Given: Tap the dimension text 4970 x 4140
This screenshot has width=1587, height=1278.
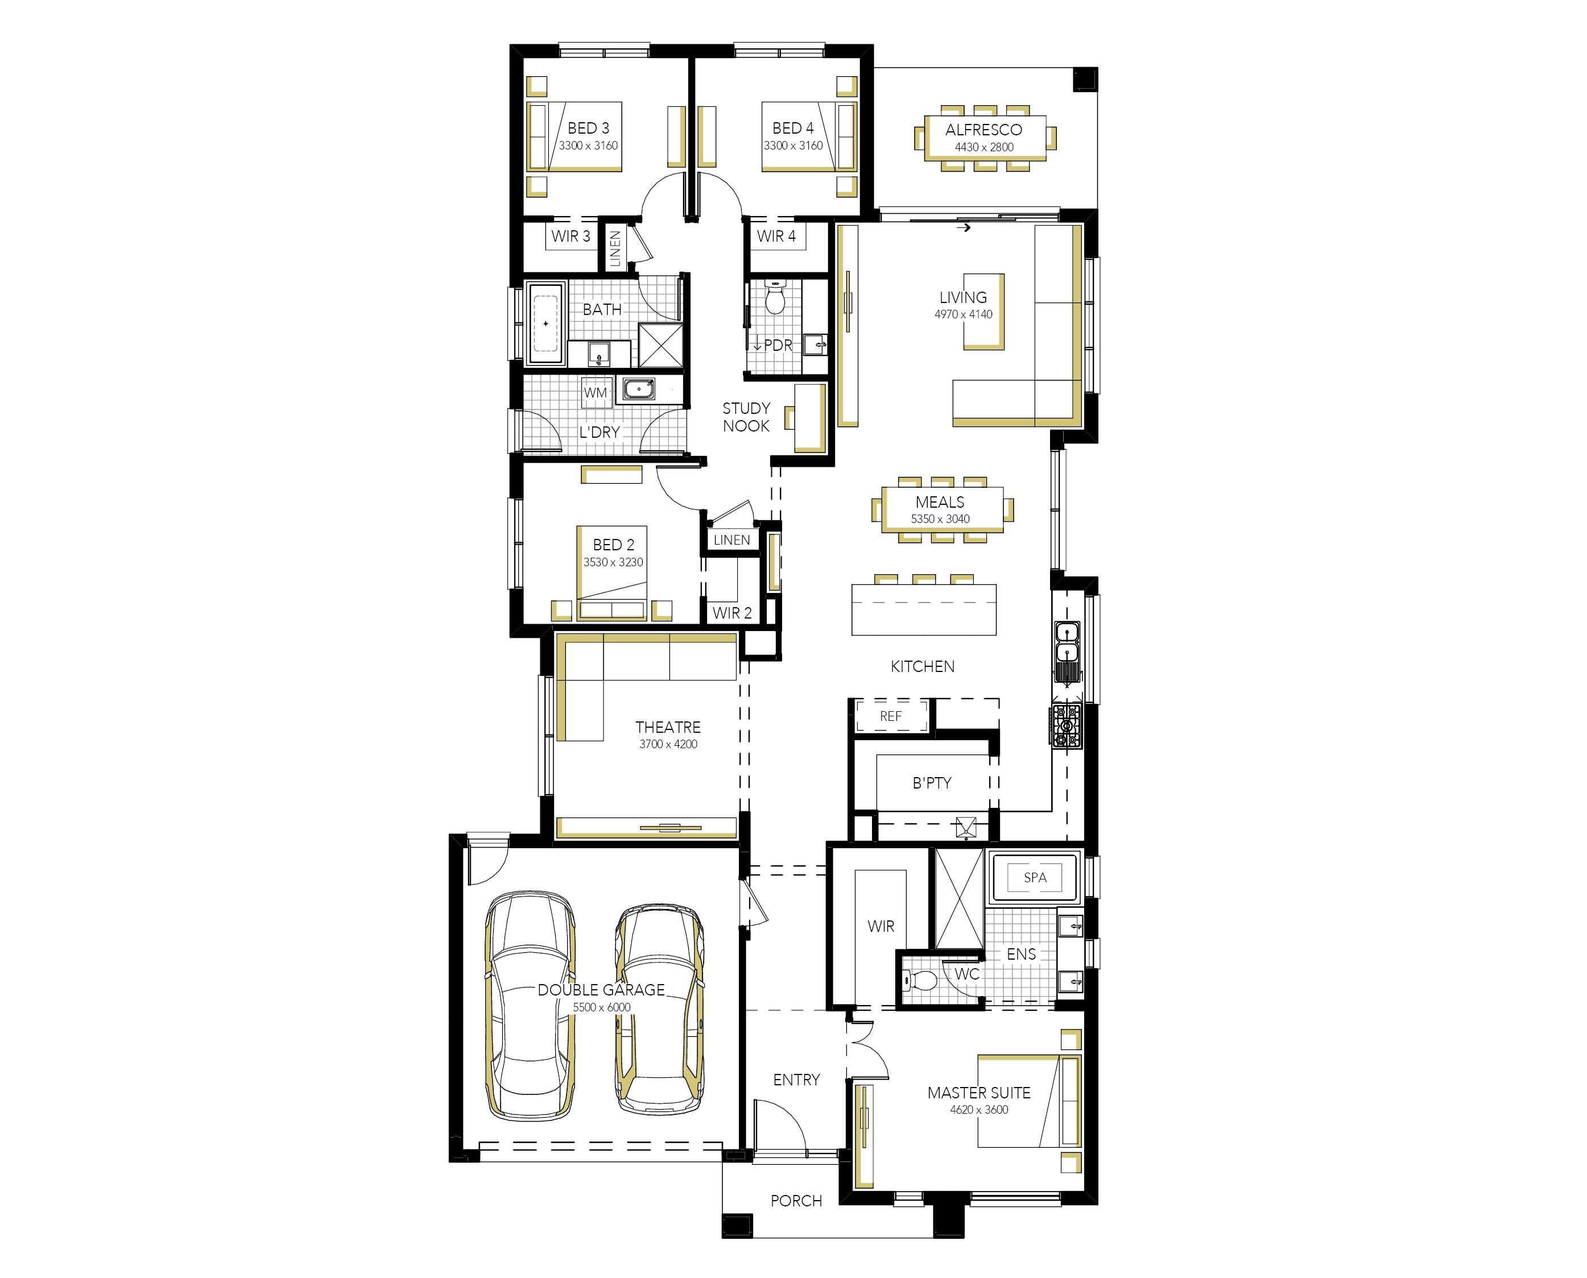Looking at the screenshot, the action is (x=963, y=314).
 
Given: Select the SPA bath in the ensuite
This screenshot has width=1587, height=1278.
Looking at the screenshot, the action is (x=1035, y=877).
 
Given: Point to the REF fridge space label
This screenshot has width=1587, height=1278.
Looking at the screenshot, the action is (x=890, y=716).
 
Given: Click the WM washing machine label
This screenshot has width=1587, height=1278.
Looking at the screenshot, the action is (x=595, y=392).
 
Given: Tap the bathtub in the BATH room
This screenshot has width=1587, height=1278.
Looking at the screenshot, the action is (x=545, y=322).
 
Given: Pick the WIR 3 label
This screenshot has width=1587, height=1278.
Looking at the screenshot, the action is (x=571, y=236).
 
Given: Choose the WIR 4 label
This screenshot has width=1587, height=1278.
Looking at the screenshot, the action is (x=776, y=236).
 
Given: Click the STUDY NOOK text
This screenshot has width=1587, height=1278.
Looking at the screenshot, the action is (x=746, y=417).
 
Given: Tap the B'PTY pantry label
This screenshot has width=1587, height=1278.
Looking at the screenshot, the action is (x=932, y=783).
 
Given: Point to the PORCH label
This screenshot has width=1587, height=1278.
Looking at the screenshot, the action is (x=796, y=1201).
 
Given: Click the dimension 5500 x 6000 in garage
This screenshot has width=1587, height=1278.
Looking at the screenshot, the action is (x=602, y=1007).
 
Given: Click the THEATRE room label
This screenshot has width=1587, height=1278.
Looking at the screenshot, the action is (x=668, y=727).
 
